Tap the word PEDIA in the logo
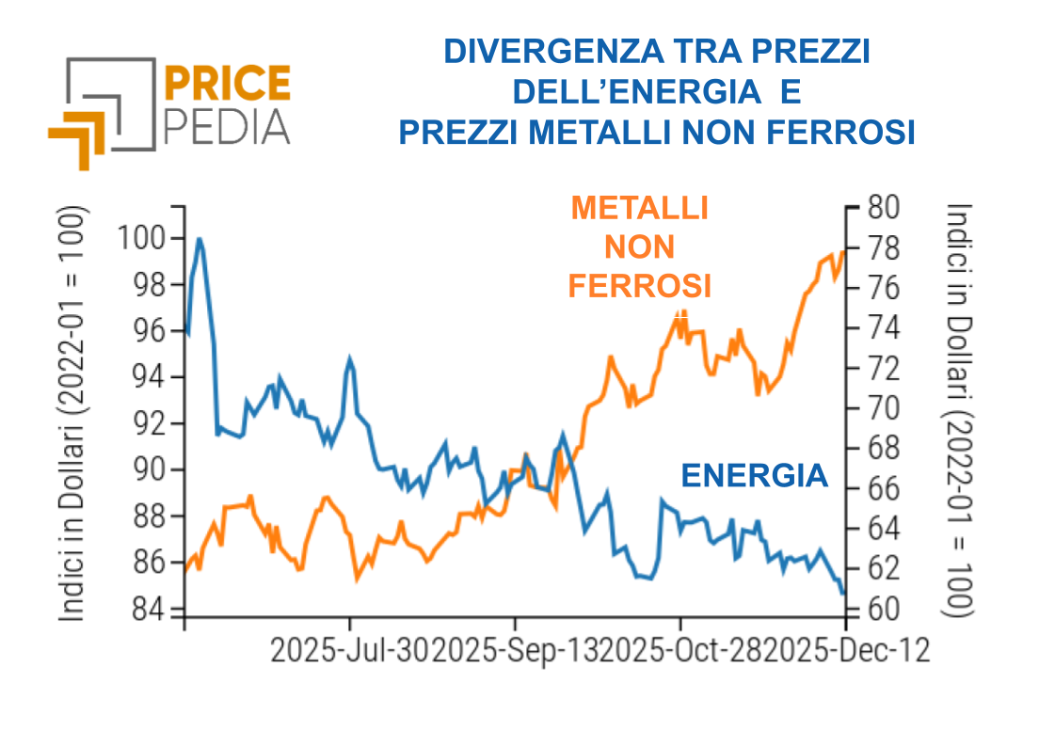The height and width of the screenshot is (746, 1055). click(227, 125)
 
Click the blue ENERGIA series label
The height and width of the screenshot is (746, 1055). click(754, 476)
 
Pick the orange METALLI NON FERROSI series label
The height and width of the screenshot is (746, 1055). click(639, 246)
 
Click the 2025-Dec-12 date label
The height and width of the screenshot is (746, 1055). click(846, 650)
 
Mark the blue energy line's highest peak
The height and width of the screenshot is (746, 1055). click(199, 240)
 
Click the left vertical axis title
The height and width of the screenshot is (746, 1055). click(74, 414)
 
